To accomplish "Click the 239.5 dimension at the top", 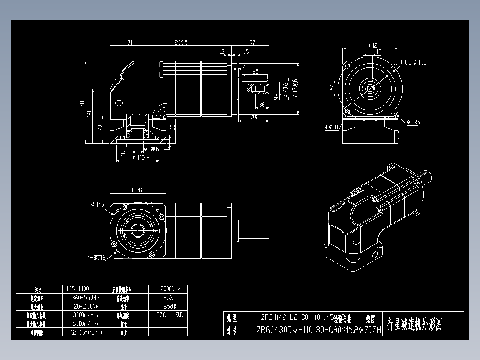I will [181, 42].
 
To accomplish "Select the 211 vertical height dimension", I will [81, 104].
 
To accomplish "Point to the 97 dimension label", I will [252, 42].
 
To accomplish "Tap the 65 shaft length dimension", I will [255, 71].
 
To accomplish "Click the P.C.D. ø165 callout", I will [413, 62].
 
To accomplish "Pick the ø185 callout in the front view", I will [413, 122].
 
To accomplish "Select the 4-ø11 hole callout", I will [332, 127].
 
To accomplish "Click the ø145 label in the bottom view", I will [98, 205].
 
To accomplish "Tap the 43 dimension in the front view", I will [331, 87].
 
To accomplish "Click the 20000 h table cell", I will [167, 289].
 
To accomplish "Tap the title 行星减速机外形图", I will [415, 324].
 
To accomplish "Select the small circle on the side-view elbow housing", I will [119, 103].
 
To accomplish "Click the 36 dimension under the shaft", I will [262, 105].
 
